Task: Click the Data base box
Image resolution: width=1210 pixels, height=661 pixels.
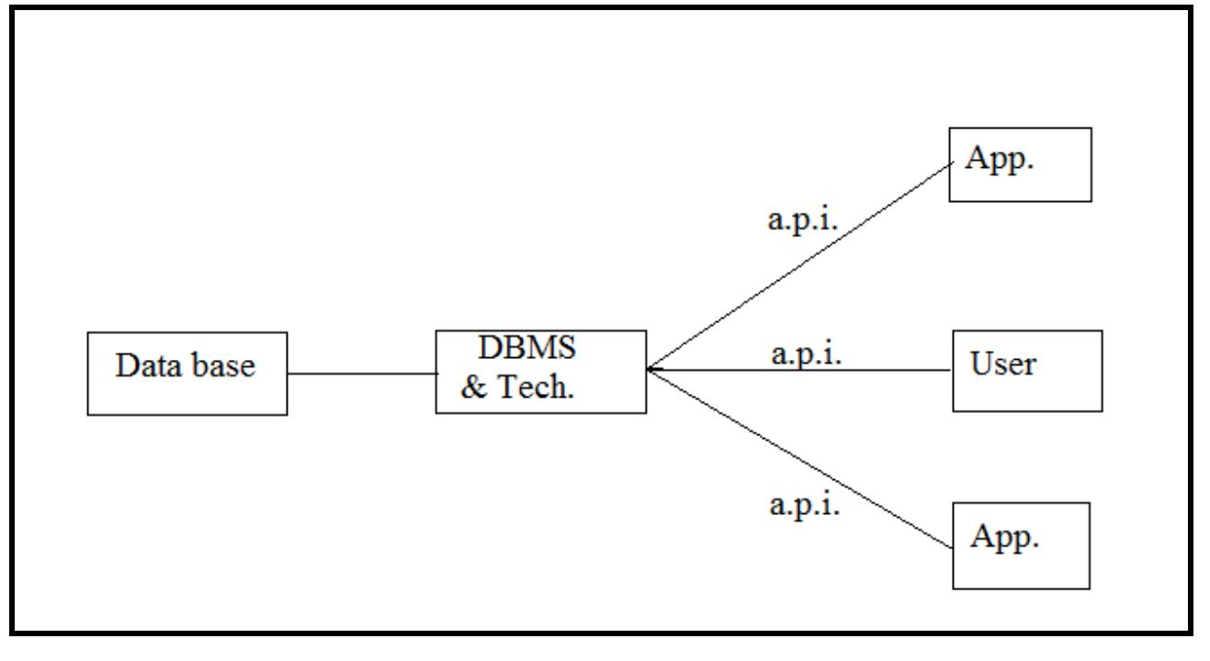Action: pos(187,374)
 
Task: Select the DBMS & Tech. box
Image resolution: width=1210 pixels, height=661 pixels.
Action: pos(540,371)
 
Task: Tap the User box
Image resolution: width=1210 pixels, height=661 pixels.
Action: pos(1025,370)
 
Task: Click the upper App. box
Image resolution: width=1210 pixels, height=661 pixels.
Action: pos(1020,164)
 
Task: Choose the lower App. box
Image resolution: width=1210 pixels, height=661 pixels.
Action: pos(1021,545)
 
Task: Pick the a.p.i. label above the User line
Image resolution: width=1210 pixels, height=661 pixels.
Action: pos(807,356)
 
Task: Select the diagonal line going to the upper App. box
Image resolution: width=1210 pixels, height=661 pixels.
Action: pos(799,266)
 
